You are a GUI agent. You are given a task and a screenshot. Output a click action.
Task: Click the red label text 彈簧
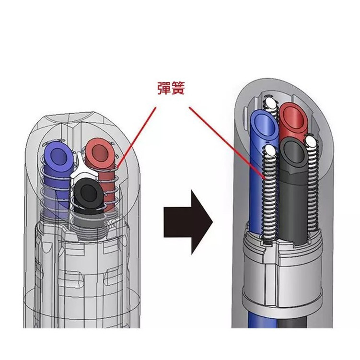[171, 89]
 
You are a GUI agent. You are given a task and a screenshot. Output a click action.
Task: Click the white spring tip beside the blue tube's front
[270, 152]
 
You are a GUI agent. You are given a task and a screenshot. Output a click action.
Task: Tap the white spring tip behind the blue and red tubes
[271, 103]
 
